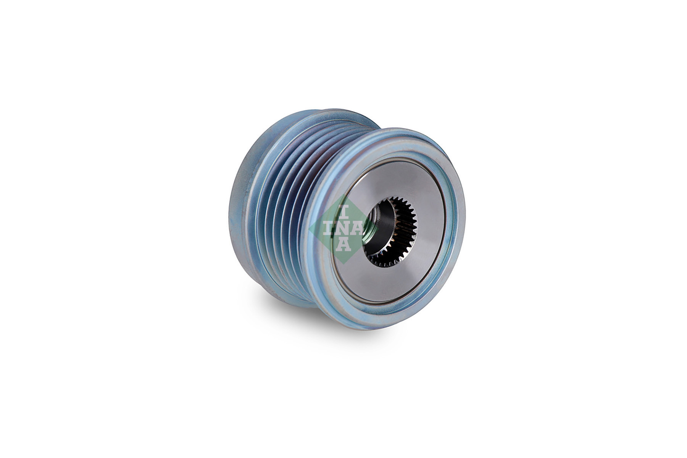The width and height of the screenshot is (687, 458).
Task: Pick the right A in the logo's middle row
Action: pos(357,229)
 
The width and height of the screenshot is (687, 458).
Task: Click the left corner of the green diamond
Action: pos(309,229)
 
